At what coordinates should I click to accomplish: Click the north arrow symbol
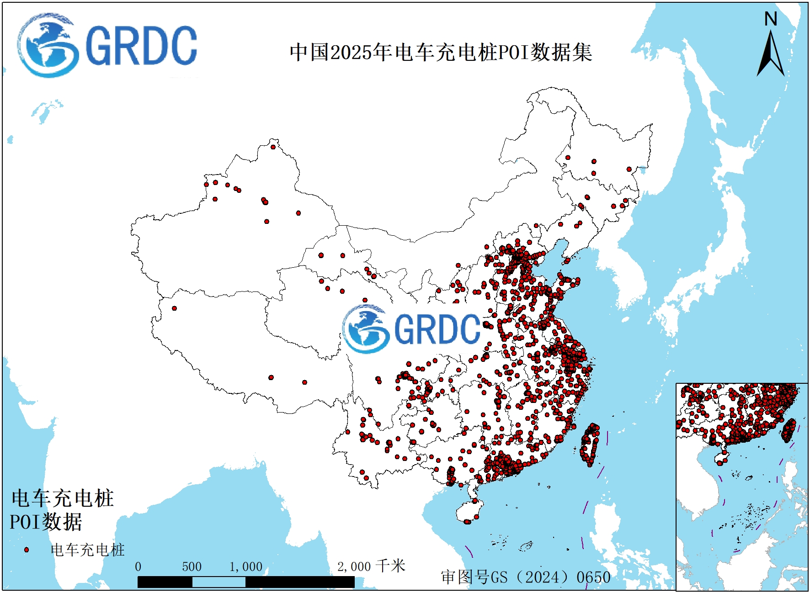771,55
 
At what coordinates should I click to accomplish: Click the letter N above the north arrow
771,19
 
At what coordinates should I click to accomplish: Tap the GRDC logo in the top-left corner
107,46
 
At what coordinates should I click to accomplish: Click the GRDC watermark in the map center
411,329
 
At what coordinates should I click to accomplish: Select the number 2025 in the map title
351,53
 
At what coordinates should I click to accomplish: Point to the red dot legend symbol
27,550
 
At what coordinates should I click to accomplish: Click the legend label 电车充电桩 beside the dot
87,550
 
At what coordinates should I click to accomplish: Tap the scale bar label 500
192,567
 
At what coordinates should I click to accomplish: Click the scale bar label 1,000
245,567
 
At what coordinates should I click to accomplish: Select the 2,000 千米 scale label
371,567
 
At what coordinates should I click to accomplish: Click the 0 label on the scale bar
138,567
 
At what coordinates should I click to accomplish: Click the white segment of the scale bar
218,582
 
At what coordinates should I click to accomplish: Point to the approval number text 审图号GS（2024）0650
526,577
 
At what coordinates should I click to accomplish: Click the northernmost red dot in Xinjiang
273,147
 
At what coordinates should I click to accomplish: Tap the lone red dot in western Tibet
174,308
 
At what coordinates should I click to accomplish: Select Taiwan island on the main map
590,445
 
